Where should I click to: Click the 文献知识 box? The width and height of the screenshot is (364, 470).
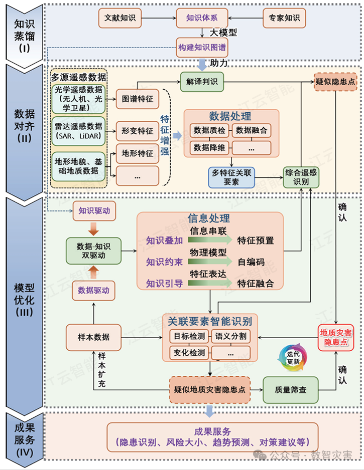(120, 18)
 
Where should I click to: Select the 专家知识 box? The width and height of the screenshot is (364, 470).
(284, 18)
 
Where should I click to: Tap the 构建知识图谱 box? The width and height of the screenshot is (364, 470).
(202, 48)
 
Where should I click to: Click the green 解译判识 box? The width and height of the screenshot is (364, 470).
(202, 82)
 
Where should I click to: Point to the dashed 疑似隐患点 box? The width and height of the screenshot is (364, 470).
(335, 82)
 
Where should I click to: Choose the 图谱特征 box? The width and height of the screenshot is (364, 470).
(137, 99)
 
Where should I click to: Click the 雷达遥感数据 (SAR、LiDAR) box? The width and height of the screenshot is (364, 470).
(78, 131)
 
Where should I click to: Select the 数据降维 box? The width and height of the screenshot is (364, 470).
(209, 148)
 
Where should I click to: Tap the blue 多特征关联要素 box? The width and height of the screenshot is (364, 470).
(231, 177)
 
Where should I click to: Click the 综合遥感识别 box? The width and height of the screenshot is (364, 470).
(301, 177)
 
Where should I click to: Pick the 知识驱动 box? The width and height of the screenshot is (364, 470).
(94, 211)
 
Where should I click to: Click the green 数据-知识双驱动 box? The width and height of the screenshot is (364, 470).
(94, 251)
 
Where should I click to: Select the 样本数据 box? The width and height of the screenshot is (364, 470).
(94, 338)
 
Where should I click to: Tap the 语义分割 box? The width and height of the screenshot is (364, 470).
(230, 336)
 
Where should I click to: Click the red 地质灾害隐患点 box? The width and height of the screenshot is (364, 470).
(336, 338)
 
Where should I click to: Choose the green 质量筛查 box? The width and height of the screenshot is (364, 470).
(290, 390)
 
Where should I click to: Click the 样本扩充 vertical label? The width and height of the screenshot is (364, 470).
(102, 370)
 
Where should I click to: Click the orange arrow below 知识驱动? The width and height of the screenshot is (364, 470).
(94, 229)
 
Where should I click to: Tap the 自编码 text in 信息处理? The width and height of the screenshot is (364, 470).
(251, 262)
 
